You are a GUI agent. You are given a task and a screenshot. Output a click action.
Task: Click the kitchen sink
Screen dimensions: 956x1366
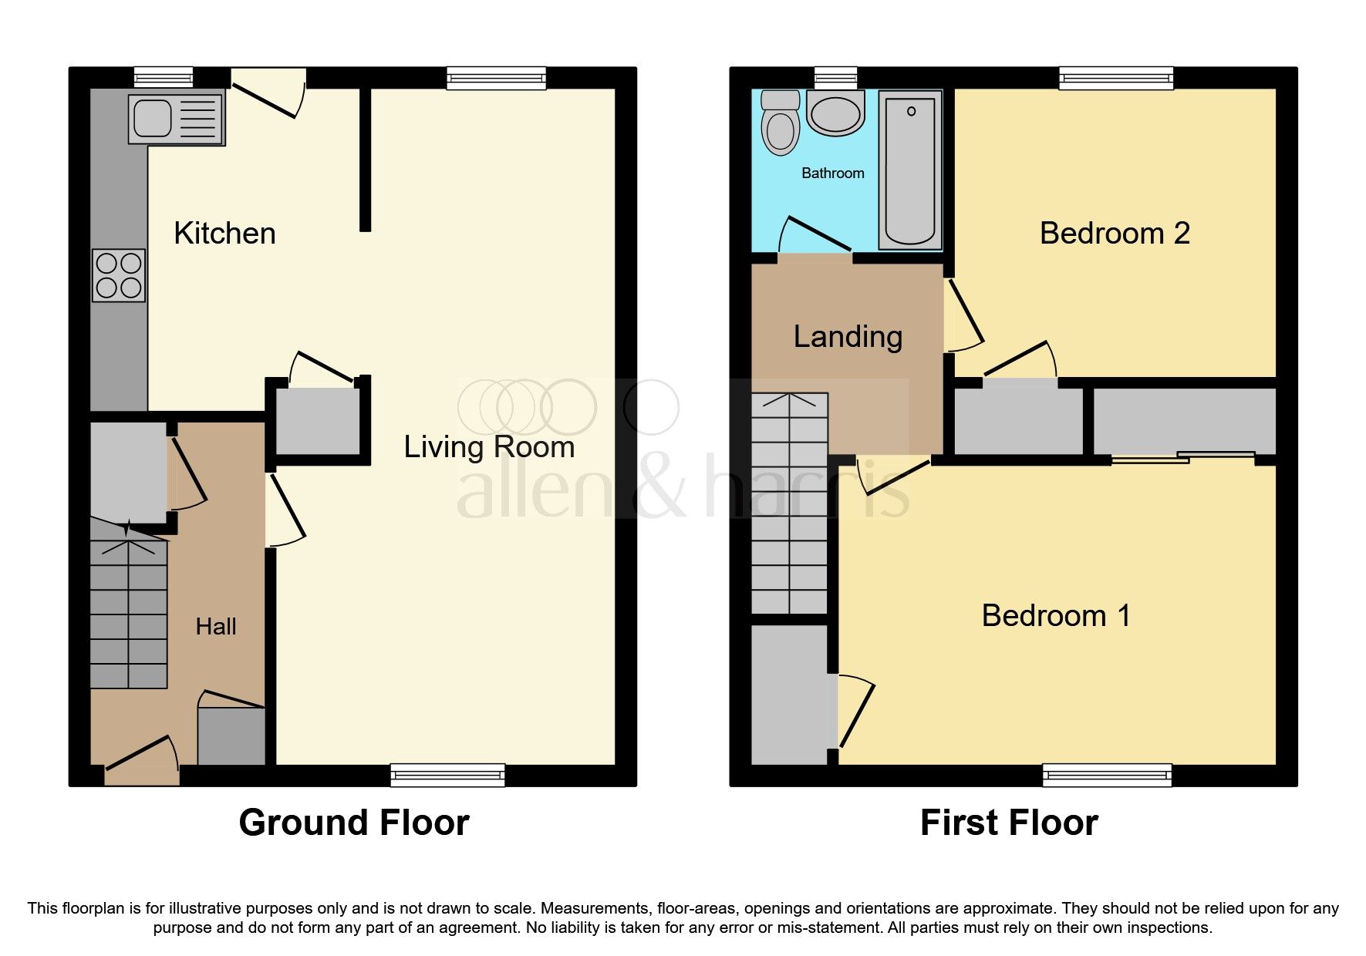pos(177,117)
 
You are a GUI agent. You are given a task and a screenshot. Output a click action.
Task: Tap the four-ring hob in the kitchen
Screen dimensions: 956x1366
pos(119,275)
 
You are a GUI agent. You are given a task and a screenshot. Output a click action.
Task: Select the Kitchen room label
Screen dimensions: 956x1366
pos(224,234)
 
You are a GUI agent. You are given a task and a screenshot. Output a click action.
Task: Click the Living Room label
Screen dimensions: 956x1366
pos(489,447)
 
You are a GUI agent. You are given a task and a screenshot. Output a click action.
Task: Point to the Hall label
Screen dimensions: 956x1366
pos(216,627)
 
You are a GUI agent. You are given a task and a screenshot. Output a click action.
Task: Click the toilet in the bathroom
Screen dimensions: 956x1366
pos(780,123)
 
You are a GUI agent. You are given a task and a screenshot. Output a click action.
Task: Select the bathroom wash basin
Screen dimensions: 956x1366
pos(835,113)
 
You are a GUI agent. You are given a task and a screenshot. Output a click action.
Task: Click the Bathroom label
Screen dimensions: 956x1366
pos(832,173)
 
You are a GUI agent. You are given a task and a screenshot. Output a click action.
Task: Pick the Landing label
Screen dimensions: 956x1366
pos(848,337)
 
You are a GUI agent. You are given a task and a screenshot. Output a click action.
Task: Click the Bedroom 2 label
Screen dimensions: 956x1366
pos(1114,234)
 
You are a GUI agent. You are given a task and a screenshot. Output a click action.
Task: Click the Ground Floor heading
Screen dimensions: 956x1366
pos(354,823)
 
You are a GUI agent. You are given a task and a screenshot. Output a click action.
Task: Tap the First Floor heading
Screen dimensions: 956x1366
pos(1009,823)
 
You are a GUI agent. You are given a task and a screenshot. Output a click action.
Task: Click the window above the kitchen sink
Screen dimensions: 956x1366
pos(163,77)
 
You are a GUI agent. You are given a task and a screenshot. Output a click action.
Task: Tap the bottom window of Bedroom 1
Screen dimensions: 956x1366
pos(1107,775)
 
